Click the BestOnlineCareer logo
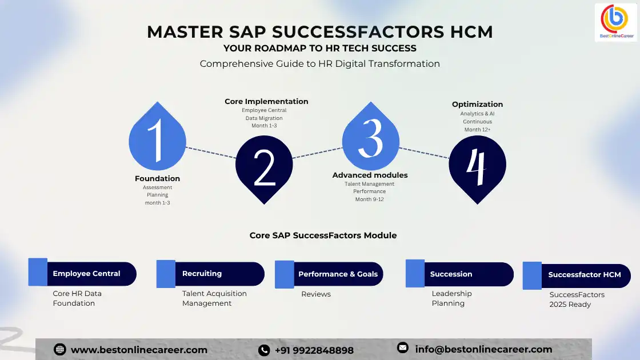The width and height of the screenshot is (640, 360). pos(615,22)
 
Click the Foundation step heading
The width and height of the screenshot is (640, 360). pos(157,178)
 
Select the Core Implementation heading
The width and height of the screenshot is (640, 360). pos(266,102)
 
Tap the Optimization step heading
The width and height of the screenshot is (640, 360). pos(477,104)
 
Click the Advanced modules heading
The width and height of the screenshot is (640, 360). pos(370,175)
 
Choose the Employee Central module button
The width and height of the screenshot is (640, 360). pos(86,274)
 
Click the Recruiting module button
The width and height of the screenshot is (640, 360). pos(214,274)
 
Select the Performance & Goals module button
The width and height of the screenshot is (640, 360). pos(337,274)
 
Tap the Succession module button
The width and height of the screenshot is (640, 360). pos(463,274)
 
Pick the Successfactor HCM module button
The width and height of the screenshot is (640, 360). pos(583,275)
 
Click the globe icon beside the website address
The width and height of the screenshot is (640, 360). pos(59,350)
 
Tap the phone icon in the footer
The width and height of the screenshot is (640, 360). pos(264,350)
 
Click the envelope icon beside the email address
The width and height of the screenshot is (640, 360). pos(403,347)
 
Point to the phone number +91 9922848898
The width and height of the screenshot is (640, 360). pos(314,350)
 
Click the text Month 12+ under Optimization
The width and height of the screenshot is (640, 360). pos(477,130)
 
